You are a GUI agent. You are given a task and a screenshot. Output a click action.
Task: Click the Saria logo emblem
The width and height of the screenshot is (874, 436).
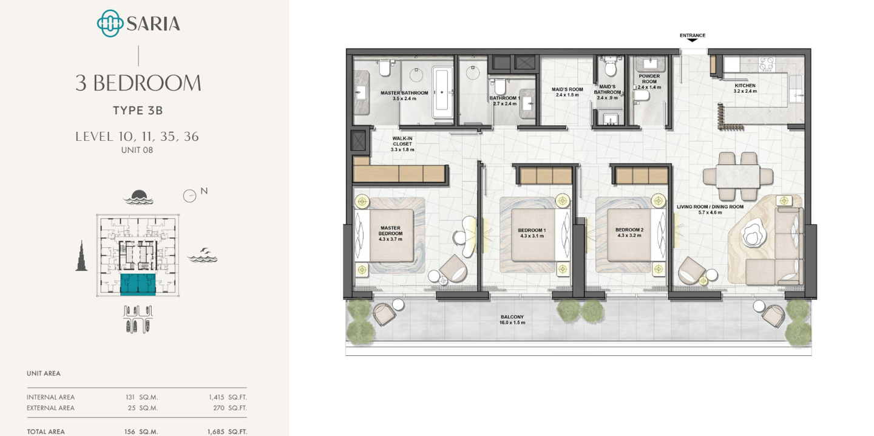(110, 24)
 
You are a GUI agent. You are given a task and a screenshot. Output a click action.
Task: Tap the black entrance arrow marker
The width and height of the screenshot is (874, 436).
(692, 40)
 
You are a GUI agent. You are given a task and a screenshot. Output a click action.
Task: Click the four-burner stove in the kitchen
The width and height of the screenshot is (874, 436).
(767, 64)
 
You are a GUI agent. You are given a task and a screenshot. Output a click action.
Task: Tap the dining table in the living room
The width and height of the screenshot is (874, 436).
(737, 176)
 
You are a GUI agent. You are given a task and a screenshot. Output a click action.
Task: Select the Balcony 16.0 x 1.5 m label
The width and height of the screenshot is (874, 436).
(512, 319)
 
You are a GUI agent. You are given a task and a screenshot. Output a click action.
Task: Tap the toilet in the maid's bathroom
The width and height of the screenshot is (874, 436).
(609, 67)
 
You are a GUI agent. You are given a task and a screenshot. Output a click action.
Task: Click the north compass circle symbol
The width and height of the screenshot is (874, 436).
(189, 196)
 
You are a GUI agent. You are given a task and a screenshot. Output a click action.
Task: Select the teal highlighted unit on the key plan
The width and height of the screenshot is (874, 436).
(138, 284)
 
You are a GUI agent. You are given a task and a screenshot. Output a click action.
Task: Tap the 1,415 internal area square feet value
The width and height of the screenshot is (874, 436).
(216, 397)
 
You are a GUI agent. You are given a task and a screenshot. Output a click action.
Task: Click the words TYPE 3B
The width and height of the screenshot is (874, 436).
(138, 111)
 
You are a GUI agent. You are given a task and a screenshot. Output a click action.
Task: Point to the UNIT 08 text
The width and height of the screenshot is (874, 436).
(137, 150)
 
